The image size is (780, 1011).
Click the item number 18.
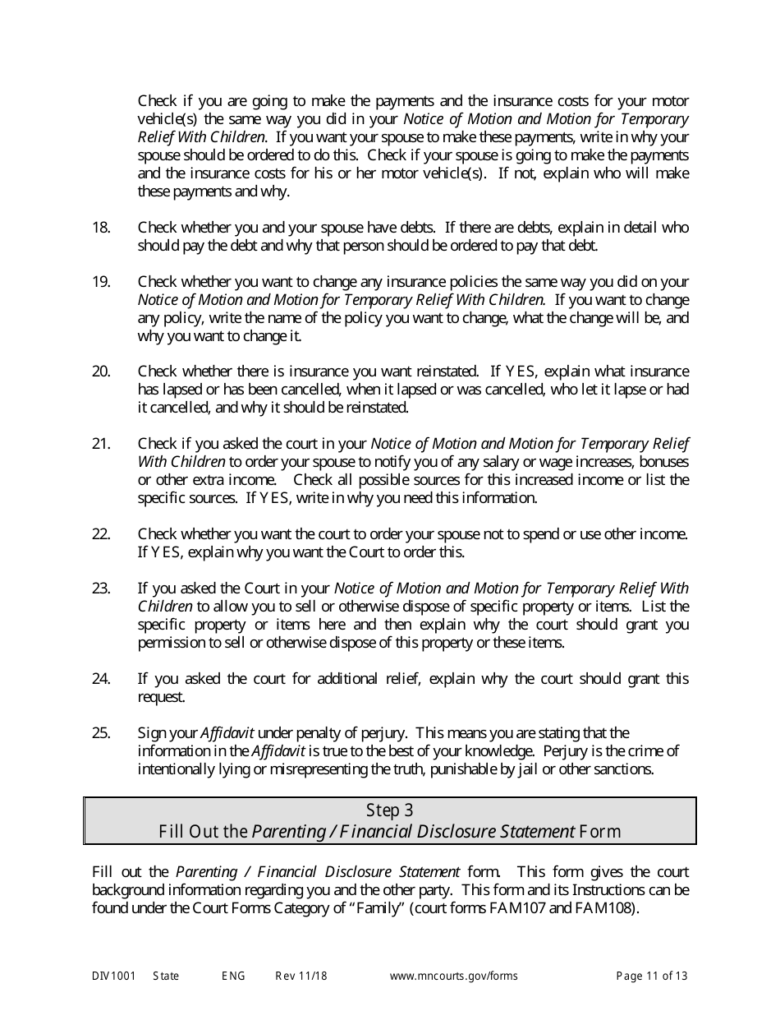[x=101, y=228]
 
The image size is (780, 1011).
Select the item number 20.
[x=101, y=372]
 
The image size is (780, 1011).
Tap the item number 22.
[x=101, y=534]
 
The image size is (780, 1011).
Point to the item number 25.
[x=101, y=733]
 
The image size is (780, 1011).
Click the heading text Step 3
[x=390, y=811]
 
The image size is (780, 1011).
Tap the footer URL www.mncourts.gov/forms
[x=453, y=976]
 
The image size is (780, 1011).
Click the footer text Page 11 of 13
[x=652, y=976]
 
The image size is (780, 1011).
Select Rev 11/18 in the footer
[x=301, y=976]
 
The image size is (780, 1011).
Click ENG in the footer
[x=233, y=976]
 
